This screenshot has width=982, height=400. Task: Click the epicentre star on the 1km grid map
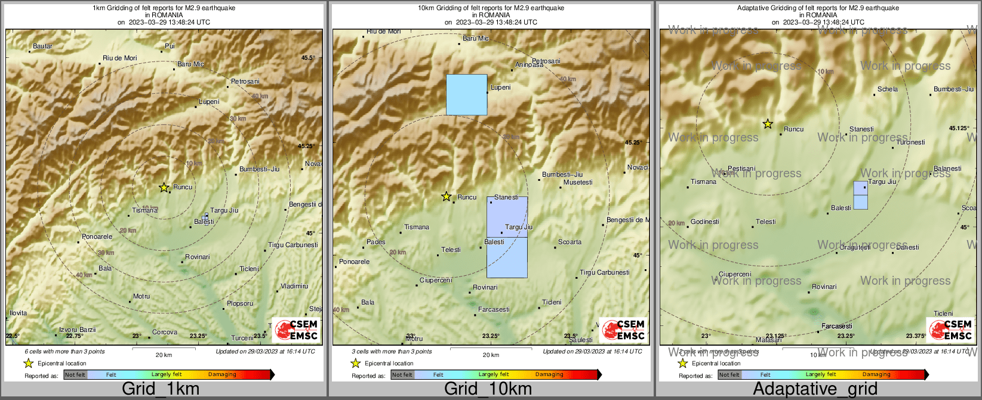pos(164,187)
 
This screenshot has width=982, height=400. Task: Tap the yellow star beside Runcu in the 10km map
pos(446,196)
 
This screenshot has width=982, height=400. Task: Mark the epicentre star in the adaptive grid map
pos(768,124)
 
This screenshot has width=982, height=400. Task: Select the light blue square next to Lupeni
pos(467,94)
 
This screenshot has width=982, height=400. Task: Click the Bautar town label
pos(43,46)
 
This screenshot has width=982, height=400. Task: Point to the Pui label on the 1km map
pos(170,46)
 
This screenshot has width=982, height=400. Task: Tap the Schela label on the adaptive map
pos(888,89)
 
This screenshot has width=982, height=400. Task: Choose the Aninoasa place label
pos(530,64)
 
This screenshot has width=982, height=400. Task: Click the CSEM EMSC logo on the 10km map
pos(624,330)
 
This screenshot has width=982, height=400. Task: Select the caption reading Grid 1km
pos(161,389)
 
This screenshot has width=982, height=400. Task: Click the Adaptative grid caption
pos(815,389)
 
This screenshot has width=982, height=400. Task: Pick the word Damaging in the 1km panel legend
pos(222,374)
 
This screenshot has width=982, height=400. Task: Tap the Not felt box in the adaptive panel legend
pos(729,374)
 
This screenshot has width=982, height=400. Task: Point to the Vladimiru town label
pos(294,286)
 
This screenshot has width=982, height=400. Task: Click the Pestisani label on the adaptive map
pos(741,169)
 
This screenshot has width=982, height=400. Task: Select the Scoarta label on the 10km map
pos(570,242)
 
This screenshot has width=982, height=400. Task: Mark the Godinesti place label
pos(704,221)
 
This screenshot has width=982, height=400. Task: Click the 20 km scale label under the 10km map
pos(491,355)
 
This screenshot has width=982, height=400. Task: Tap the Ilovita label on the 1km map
pos(19,313)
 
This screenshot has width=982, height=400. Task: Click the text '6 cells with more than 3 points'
pos(64,352)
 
